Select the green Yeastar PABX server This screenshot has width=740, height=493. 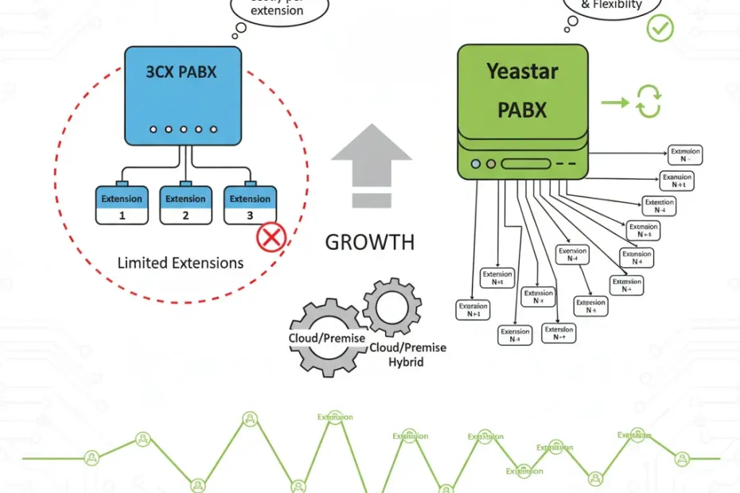pyautogui.click(x=523, y=111)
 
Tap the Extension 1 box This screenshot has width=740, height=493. pyautogui.click(x=122, y=205)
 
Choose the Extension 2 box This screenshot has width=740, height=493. pyautogui.click(x=185, y=205)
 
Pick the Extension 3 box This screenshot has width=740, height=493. pyautogui.click(x=250, y=205)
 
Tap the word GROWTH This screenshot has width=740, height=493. pyautogui.click(x=370, y=243)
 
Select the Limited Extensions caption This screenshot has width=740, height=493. pyautogui.click(x=181, y=262)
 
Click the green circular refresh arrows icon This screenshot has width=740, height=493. pyautogui.click(x=648, y=103)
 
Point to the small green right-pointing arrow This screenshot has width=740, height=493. pyautogui.click(x=611, y=103)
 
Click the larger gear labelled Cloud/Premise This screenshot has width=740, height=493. pyautogui.click(x=326, y=338)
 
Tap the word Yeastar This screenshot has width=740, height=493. pyautogui.click(x=523, y=72)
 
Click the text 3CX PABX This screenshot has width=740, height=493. pyautogui.click(x=181, y=72)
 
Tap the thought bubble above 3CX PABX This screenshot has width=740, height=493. pyautogui.click(x=267, y=11)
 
